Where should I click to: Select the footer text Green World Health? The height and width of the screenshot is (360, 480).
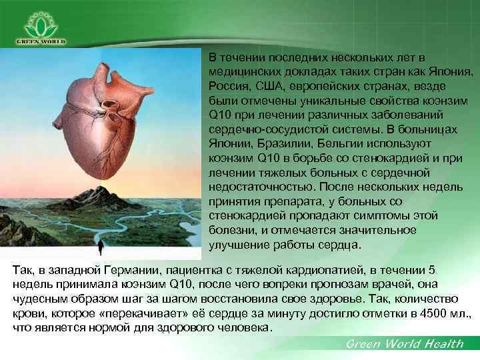[x=403, y=344]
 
